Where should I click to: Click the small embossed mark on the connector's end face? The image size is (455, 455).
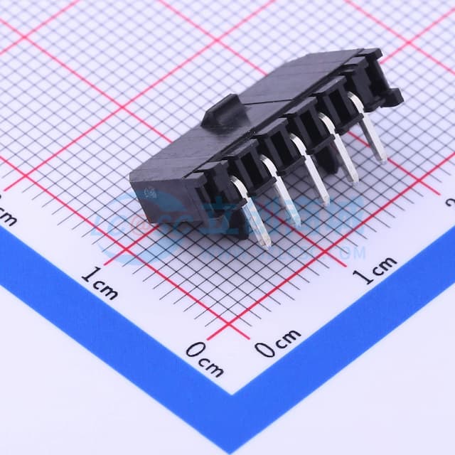point(151,193)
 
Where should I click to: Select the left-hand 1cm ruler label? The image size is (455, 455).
point(100,281)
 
